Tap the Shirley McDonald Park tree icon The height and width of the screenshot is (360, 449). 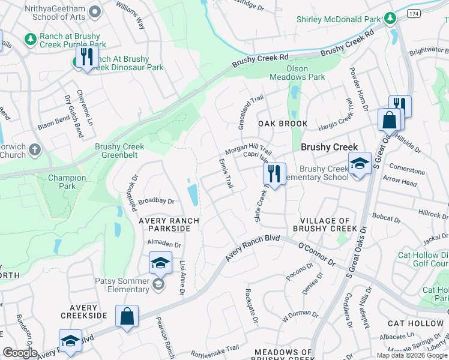(x=391, y=19)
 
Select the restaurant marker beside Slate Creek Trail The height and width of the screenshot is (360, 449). (x=274, y=174)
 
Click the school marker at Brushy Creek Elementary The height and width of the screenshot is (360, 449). (x=359, y=163)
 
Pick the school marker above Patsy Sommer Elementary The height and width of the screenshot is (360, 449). (x=160, y=263)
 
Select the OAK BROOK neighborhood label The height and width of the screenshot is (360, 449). (x=283, y=124)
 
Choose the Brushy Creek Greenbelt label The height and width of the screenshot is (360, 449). (x=119, y=151)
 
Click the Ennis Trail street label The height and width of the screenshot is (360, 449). (x=226, y=175)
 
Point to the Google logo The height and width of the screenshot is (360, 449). (x=20, y=353)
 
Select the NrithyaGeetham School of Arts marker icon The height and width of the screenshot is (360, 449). (x=93, y=11)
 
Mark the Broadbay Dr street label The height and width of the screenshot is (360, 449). (x=156, y=202)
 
